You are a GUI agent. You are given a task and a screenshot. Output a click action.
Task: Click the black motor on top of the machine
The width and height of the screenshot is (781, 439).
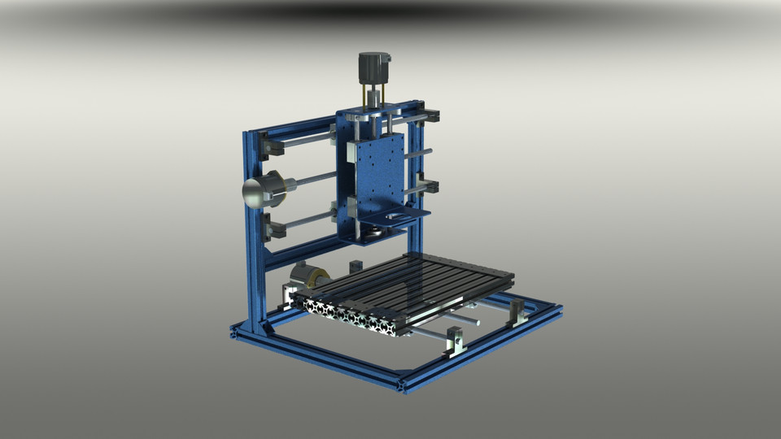click(375, 67)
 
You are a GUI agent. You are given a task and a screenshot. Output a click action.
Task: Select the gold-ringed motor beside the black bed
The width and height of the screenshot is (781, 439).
click(308, 277)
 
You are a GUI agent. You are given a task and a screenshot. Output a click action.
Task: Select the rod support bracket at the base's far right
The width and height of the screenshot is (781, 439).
click(516, 312)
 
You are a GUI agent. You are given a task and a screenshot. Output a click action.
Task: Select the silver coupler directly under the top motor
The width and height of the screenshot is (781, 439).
click(373, 99)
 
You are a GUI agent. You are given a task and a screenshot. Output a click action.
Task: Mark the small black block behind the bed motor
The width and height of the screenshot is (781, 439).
click(355, 267)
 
